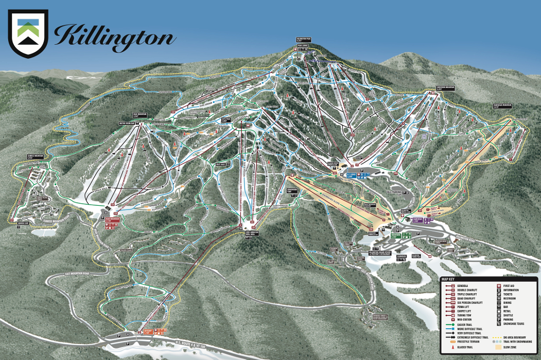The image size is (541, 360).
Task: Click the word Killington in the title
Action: (x=114, y=37)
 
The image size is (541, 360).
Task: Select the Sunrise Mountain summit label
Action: (x=34, y=156)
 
